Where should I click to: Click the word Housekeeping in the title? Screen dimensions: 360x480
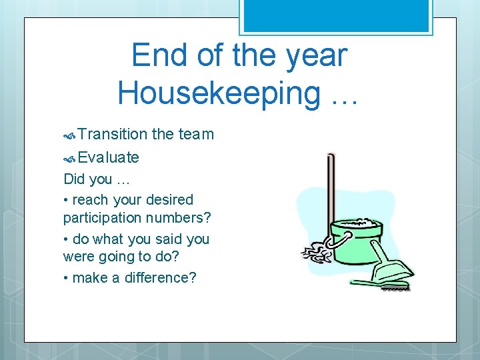coord(219,93)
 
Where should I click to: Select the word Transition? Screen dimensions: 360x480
coord(112,134)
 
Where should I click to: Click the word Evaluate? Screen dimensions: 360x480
coord(108,157)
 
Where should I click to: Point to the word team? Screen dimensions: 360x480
coord(196,134)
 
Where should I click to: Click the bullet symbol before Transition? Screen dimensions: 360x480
coord(69,135)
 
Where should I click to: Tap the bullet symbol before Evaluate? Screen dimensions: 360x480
coord(69,159)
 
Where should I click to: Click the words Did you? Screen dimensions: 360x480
coord(88,179)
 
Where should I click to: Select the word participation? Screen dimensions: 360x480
coord(103,218)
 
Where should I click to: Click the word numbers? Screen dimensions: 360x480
coord(179,218)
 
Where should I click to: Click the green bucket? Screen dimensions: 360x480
coord(357,237)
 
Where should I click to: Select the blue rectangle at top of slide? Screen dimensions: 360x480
coord(335,15)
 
